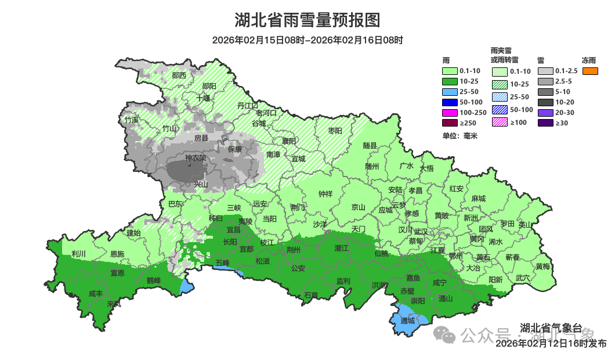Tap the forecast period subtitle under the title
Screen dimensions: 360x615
(307, 40)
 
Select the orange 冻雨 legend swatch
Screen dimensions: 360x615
(589, 71)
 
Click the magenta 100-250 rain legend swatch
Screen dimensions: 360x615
(450, 112)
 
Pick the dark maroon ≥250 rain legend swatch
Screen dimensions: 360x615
(450, 123)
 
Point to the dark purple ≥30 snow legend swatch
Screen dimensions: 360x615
(545, 123)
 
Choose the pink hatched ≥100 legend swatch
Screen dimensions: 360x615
(500, 122)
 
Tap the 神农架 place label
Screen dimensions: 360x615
(196, 158)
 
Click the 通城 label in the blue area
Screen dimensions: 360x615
(408, 321)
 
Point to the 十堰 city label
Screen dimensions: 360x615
(202, 98)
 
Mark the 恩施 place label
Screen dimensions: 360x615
(117, 254)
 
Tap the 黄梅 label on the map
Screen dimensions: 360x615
(543, 267)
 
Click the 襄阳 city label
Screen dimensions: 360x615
(289, 141)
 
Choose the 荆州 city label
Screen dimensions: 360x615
(294, 250)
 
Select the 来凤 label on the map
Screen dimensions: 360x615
(114, 304)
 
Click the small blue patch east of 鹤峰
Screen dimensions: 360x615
(186, 286)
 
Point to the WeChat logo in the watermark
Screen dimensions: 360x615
(446, 335)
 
